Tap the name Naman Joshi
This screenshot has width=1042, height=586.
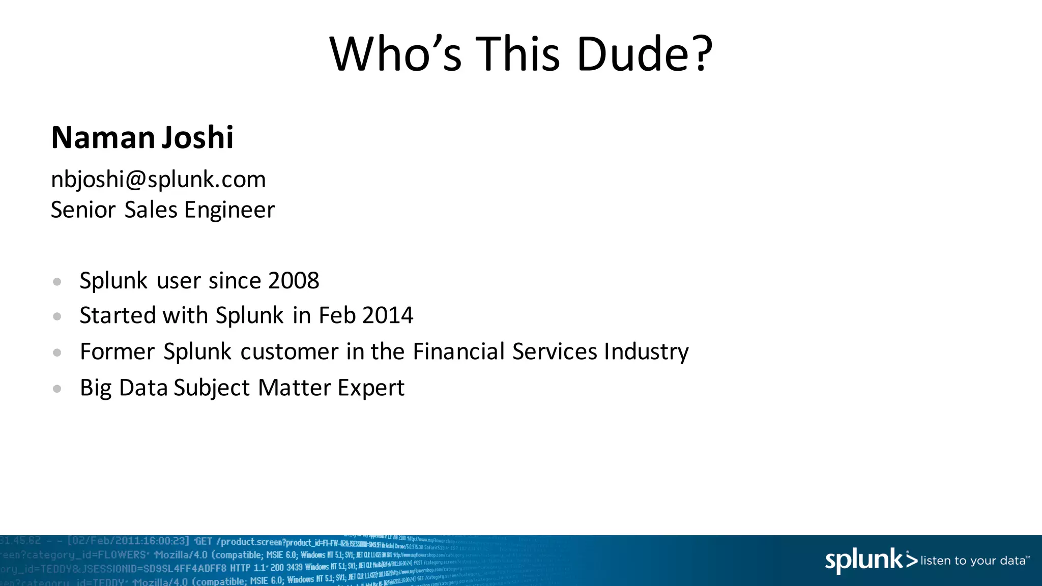point(142,137)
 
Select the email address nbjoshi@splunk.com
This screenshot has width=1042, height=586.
point(158,180)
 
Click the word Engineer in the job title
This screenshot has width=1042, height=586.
point(229,210)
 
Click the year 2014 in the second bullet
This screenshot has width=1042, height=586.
point(388,315)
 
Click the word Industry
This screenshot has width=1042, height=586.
point(646,352)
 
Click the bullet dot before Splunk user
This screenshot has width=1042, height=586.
point(57,281)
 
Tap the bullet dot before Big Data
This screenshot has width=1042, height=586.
point(57,389)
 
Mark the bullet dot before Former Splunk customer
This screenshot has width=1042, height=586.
point(57,352)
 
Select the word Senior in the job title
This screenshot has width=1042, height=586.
point(83,210)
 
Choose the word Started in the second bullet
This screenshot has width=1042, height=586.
point(118,315)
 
